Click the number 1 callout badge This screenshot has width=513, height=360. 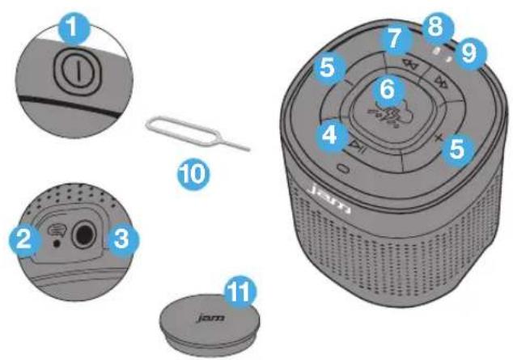click(x=74, y=29)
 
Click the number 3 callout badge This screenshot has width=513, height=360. click(x=122, y=241)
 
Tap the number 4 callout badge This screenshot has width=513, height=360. click(x=330, y=135)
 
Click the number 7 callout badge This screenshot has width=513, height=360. click(x=395, y=39)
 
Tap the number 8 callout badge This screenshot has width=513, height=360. click(x=435, y=28)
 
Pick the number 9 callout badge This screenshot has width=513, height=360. click(x=468, y=53)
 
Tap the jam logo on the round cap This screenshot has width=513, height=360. click(x=211, y=318)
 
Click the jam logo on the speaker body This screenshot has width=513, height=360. click(x=330, y=200)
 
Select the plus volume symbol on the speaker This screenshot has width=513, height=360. click(x=439, y=138)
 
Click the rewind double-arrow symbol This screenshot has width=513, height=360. click(x=410, y=65)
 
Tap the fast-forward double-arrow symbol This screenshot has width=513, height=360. click(x=443, y=82)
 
